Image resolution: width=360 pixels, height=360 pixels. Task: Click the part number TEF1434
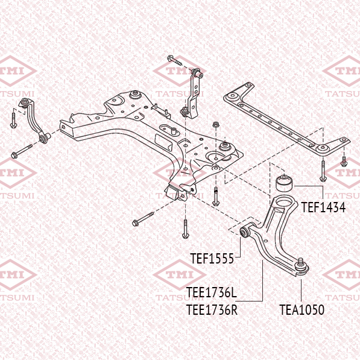pos(323,207)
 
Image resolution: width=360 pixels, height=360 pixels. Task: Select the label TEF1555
pos(212,258)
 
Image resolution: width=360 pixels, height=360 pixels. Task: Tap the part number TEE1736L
pos(211,292)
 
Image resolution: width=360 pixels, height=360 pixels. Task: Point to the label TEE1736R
pos(212,309)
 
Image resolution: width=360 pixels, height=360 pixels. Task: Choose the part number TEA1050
pos(302,309)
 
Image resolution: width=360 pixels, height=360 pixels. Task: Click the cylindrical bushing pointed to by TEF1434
pos(284,183)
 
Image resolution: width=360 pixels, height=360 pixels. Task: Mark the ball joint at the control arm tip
pos(302,267)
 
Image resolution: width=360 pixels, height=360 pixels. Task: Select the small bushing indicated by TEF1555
pos(245,232)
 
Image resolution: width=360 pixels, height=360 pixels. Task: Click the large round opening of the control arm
pos(284,203)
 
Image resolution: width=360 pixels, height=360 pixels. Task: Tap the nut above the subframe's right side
pos(215,125)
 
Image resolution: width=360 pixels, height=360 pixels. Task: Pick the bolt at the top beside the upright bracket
pos(174,60)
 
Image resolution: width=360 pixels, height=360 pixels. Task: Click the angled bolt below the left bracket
pos(22,151)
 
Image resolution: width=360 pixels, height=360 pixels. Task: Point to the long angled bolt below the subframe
pos(143,219)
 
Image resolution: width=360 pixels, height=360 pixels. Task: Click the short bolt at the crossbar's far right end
pos(344,162)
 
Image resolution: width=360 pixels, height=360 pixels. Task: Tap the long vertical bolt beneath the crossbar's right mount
pos(323,171)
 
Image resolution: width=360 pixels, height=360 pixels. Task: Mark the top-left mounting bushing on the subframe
pos(134,95)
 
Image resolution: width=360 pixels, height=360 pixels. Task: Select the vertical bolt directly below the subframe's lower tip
pos(185,229)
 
